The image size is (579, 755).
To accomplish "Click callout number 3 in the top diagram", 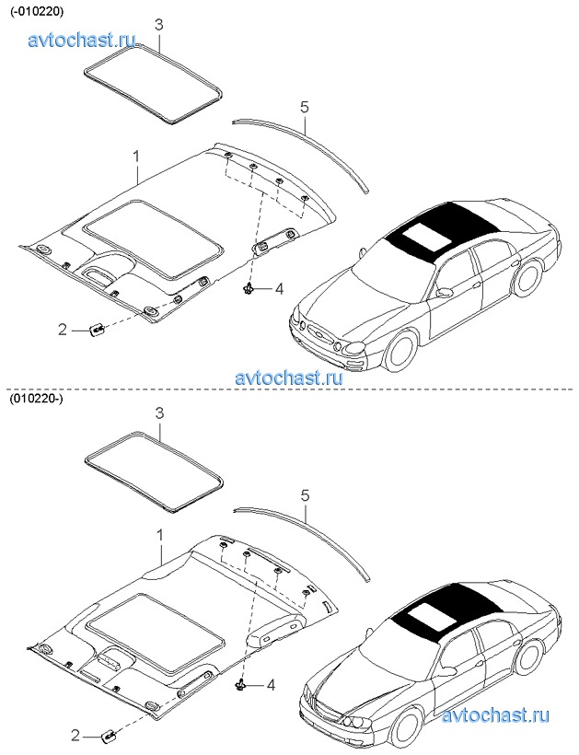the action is click(x=159, y=25).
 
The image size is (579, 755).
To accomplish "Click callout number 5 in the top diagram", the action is click(x=304, y=107).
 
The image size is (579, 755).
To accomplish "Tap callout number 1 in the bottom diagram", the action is click(x=160, y=535).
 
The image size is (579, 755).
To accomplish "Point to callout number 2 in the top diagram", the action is click(x=63, y=331).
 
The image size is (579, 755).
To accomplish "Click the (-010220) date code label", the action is click(x=37, y=13).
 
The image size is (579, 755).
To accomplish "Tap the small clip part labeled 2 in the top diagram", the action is click(x=98, y=330).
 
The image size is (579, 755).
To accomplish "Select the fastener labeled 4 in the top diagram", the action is click(x=248, y=288).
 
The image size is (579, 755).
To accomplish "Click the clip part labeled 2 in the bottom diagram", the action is click(x=109, y=735).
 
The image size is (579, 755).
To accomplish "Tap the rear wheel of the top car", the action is click(x=527, y=278).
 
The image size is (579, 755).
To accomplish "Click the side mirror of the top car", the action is click(x=446, y=292).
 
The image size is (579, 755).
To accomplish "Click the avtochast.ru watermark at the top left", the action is click(x=82, y=40).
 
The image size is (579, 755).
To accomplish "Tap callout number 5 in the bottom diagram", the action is click(x=304, y=495).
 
